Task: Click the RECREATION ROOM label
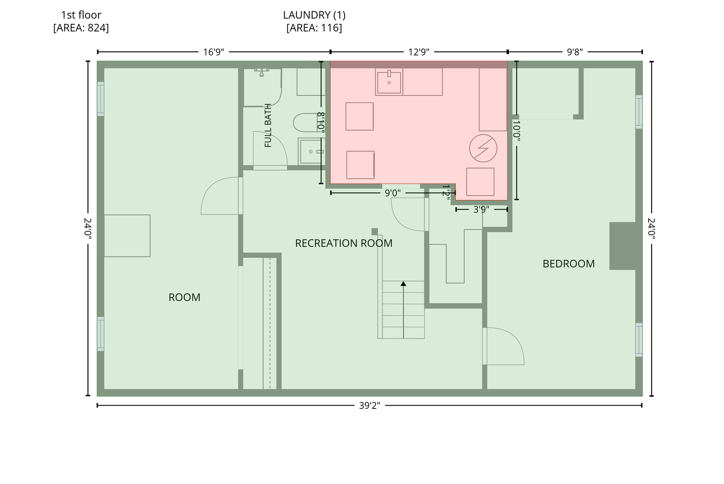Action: [344, 243]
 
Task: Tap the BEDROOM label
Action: [568, 264]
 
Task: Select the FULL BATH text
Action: [268, 126]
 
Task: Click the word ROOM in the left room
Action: [185, 297]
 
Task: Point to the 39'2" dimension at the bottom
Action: [369, 405]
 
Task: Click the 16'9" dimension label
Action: [213, 52]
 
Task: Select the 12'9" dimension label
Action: [419, 52]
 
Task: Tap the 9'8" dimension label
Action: [575, 52]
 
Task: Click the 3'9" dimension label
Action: [481, 210]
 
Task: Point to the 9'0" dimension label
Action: [392, 193]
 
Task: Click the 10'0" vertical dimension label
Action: [517, 131]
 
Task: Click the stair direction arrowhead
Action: [404, 284]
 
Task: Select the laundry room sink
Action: [389, 82]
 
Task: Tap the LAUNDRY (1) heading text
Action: [314, 15]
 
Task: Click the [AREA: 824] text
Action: [81, 28]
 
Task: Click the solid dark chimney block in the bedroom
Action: [623, 246]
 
